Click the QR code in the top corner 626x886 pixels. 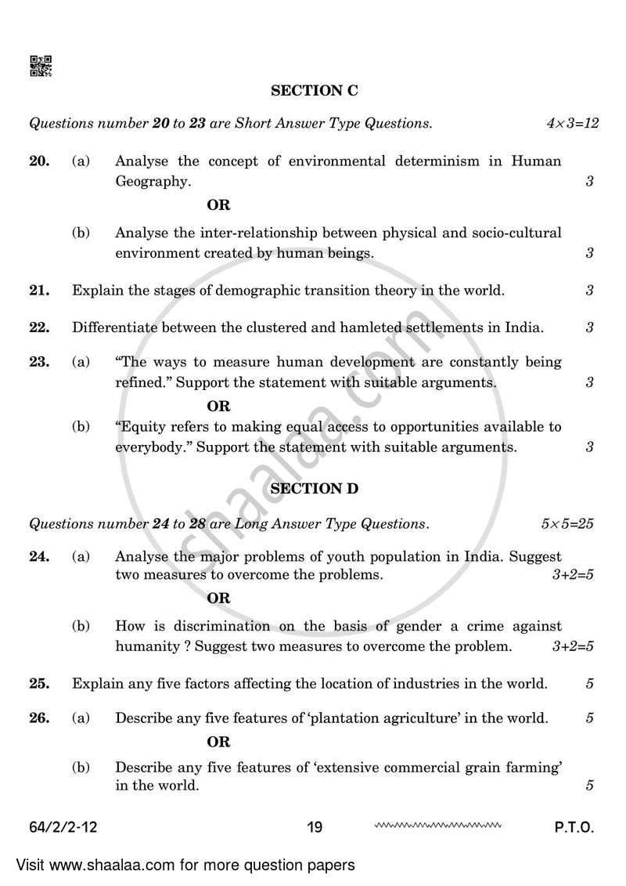[41, 67]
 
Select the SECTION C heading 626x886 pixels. [314, 91]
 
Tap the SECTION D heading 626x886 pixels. [314, 489]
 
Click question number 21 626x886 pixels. [39, 291]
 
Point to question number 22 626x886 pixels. [39, 327]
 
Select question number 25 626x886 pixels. [39, 684]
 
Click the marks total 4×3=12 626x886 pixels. [572, 124]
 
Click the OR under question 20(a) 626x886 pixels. [218, 205]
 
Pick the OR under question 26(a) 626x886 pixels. [218, 742]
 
